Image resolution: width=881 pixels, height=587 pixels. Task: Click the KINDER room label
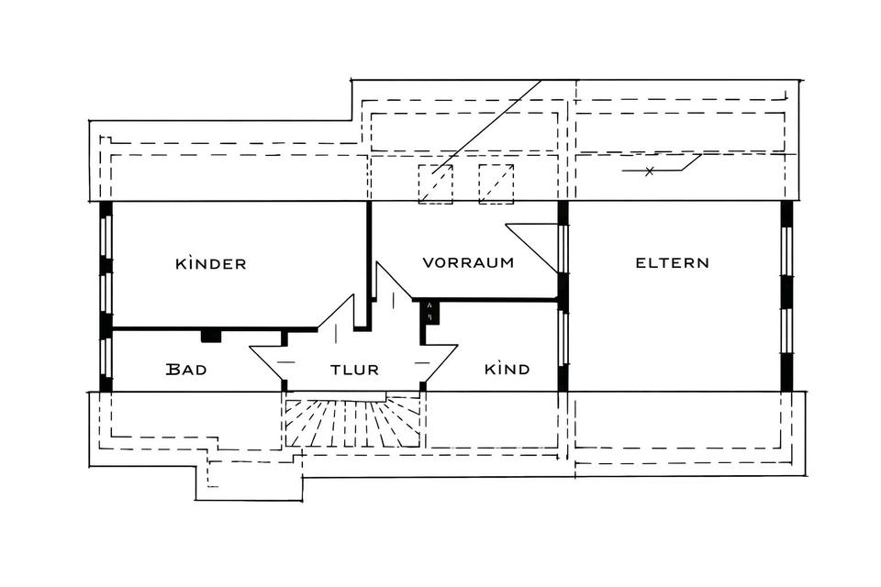point(211,264)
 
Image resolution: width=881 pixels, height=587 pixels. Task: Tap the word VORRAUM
point(467,262)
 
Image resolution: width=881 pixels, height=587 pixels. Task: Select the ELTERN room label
point(672,262)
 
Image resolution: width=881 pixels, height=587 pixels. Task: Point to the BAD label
point(186,370)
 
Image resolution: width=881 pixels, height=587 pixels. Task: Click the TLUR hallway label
point(354,370)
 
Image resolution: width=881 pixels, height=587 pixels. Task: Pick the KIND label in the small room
point(507,369)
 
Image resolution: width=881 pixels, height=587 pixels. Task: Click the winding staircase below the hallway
point(352,421)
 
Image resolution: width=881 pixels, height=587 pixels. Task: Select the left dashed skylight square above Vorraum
point(436,183)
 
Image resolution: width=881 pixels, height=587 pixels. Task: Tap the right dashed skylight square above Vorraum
point(496,183)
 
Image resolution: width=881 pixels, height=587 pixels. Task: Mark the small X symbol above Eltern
point(650,172)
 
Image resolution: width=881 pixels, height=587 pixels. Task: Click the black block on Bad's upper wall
point(211,336)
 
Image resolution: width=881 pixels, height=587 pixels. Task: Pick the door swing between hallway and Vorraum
point(392,290)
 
